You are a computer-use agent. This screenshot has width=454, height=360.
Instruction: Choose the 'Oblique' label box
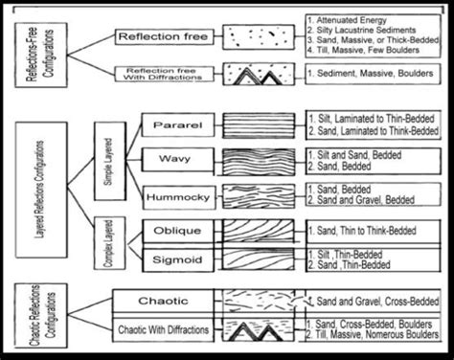(174, 231)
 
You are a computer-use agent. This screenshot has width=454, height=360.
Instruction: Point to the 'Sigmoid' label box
(174, 259)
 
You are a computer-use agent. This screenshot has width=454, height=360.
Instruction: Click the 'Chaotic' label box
(160, 303)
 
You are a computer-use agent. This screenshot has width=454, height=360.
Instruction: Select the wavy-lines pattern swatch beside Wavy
(253, 158)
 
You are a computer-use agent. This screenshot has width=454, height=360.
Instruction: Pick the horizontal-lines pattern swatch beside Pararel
(253, 125)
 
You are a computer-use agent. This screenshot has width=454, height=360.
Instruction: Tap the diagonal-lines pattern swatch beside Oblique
(253, 231)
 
